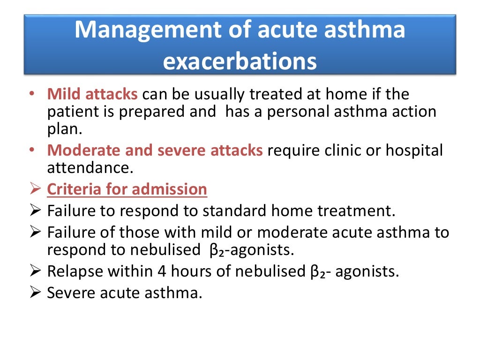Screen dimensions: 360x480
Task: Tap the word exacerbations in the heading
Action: pyautogui.click(x=240, y=61)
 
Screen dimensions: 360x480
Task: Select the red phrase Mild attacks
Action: pyautogui.click(x=92, y=94)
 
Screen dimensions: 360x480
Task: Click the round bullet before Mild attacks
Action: pyautogui.click(x=31, y=94)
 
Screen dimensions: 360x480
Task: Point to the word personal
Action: pyautogui.click(x=309, y=112)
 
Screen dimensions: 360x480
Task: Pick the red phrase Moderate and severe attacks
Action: pyautogui.click(x=155, y=150)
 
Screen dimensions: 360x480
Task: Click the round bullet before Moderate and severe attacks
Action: pyautogui.click(x=31, y=150)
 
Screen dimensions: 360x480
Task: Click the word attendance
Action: pyautogui.click(x=87, y=168)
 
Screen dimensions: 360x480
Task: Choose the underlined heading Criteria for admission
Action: pyautogui.click(x=127, y=189)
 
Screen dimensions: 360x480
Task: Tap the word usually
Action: pyautogui.click(x=216, y=94)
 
